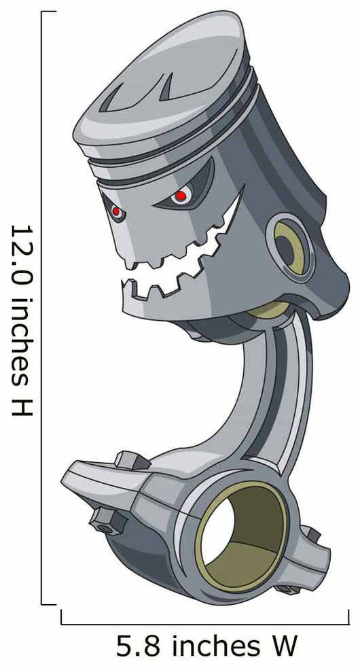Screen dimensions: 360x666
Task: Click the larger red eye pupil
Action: point(181,196)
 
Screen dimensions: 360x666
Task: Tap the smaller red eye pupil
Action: point(116,211)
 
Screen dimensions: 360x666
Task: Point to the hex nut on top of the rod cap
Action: point(130,461)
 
